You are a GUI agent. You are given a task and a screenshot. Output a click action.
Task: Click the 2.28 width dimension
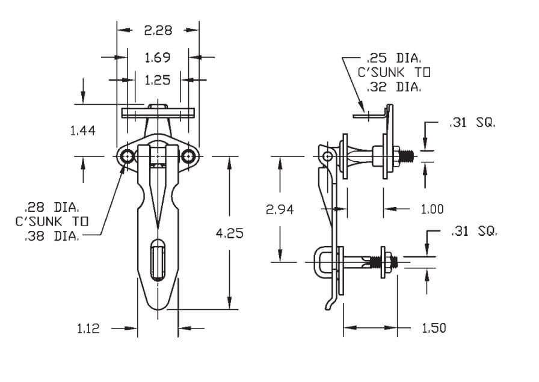tap(158, 30)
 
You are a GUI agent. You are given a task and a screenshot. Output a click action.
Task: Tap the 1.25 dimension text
tap(158, 79)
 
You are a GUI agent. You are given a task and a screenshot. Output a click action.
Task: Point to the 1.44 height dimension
tap(83, 130)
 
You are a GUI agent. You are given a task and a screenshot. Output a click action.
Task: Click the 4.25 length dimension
tap(229, 233)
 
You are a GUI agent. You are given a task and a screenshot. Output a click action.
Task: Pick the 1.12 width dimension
tap(88, 328)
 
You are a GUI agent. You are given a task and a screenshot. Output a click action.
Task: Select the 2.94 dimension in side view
tap(280, 209)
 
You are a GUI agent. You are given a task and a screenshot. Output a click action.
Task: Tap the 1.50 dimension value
tap(433, 328)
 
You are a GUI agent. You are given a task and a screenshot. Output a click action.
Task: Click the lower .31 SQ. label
tap(474, 231)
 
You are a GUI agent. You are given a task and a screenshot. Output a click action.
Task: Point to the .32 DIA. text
tap(393, 87)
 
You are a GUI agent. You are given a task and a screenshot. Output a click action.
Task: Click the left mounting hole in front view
tap(127, 157)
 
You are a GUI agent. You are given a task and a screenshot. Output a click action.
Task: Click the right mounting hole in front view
tap(189, 157)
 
